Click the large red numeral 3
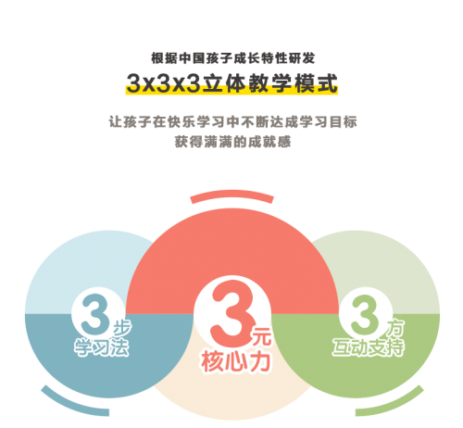(x=231, y=312)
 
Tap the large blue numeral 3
(x=94, y=314)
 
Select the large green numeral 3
(x=364, y=314)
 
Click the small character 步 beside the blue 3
(x=122, y=327)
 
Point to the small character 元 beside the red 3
(x=262, y=336)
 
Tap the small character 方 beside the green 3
(x=395, y=328)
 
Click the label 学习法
(x=101, y=347)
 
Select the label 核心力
(x=236, y=361)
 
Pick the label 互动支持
(x=369, y=347)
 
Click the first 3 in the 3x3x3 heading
(x=134, y=83)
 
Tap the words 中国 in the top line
(x=192, y=58)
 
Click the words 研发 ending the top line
(x=302, y=58)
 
